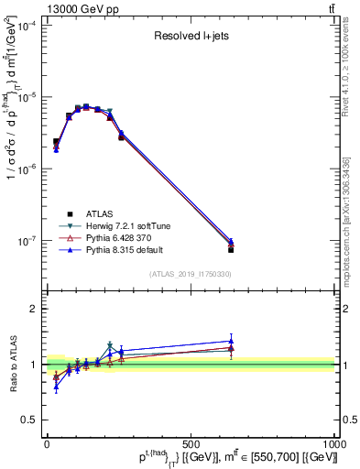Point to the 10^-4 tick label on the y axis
pyautogui.click(x=27, y=27)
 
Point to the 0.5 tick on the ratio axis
pyautogui.click(x=31, y=420)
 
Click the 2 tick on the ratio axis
pyautogui.click(x=35, y=309)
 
